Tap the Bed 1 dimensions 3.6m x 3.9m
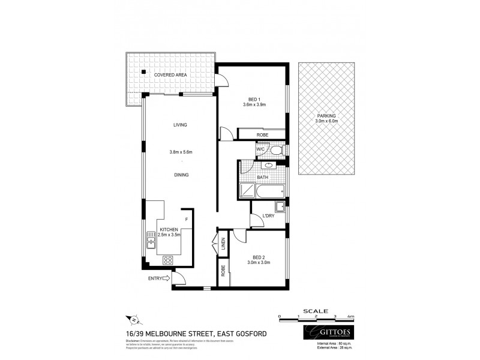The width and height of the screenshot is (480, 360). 254,104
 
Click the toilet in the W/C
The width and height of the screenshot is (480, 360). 276,149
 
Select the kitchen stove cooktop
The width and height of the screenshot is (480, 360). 168,260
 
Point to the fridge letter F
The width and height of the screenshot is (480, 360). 187,220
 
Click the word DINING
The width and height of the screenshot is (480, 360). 181,175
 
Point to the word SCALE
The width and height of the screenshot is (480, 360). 315,311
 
